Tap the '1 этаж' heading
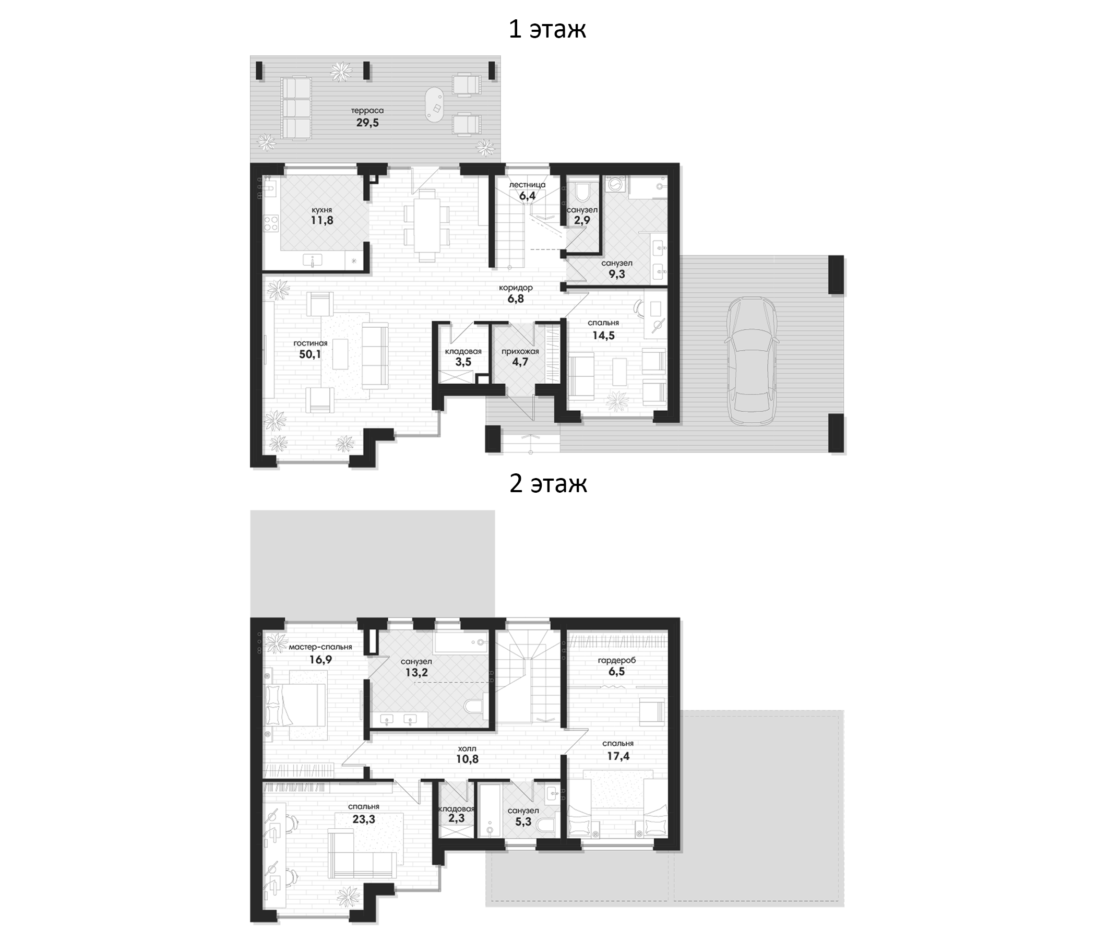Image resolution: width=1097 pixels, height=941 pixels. pos(547,29)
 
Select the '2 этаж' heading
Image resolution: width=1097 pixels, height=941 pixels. pos(548,483)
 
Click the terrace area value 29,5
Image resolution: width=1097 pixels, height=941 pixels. pos(367,123)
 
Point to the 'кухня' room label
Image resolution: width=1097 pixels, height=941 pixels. pos(322,210)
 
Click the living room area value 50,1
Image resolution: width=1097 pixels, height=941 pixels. pos(310,354)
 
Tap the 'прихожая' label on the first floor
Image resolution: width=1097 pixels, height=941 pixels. pos(520,352)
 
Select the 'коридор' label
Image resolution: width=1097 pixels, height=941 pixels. pos(516,288)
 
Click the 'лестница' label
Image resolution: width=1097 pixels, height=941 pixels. pos(527,185)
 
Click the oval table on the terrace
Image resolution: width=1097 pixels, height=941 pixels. pos(435,106)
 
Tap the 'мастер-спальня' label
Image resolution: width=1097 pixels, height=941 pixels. pos(320,647)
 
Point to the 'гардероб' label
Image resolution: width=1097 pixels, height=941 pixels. pos(617,660)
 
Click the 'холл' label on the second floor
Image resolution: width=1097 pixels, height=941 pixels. pos(463,749)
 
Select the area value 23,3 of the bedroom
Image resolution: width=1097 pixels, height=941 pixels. pos(363,819)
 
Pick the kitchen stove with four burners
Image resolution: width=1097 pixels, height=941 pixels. pos(271,223)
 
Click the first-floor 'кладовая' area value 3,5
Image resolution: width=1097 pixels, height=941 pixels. pos(463,362)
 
